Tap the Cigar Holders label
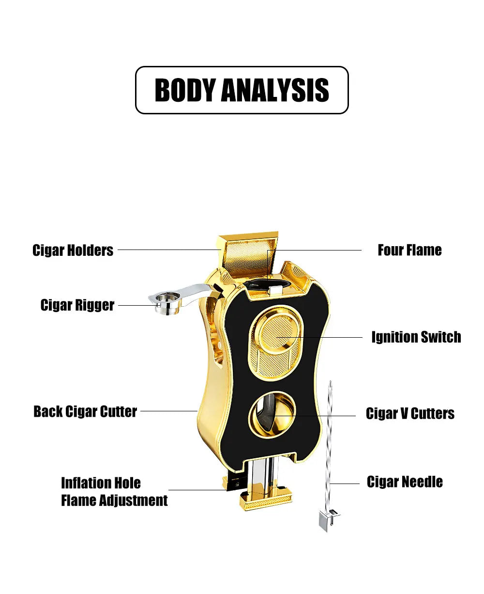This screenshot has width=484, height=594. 73,250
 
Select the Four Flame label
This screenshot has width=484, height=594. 410,250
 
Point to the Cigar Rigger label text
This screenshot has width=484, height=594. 77,305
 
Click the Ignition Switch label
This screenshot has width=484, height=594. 416,337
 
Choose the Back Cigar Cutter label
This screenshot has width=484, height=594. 85,411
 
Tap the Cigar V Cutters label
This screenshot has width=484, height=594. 410,413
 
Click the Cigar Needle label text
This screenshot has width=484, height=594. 405,482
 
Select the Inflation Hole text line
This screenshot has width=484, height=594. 101,483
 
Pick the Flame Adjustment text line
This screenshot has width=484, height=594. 114,500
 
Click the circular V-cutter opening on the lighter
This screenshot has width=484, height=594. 272,414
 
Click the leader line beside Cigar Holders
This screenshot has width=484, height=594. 169,250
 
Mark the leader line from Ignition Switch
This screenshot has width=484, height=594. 319,337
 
